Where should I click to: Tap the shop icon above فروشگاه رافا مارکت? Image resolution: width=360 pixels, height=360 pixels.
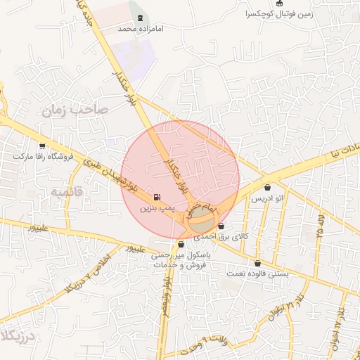(x=42, y=146)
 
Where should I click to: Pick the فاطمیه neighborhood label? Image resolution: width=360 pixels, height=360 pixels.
(x=67, y=191)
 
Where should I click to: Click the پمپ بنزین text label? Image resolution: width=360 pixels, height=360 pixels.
(x=155, y=208)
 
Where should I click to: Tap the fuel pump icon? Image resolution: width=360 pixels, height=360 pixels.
(x=155, y=197)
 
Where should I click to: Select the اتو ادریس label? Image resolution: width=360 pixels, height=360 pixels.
(x=268, y=199)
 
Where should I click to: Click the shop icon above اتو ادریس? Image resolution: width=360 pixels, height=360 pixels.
(x=268, y=188)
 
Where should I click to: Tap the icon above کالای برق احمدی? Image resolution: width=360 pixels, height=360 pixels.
(x=221, y=226)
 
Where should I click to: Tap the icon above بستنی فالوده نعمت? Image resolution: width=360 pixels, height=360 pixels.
(x=257, y=263)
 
